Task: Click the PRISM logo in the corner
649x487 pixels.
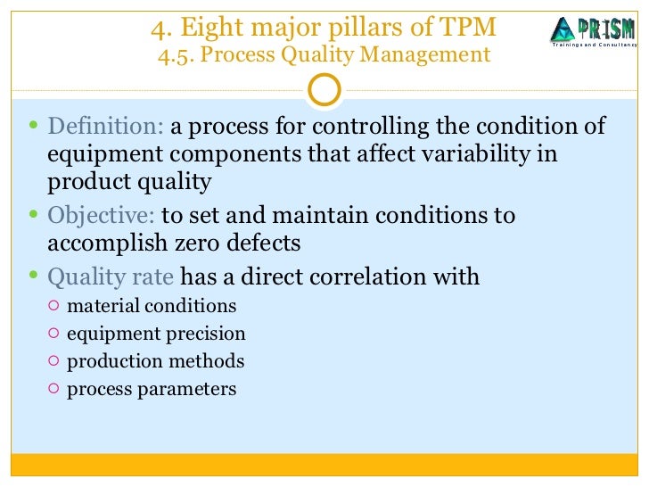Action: coord(592,31)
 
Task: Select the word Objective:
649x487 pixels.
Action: coord(102,216)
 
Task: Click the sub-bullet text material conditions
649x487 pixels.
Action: coord(152,306)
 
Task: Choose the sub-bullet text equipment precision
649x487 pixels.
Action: coord(156,334)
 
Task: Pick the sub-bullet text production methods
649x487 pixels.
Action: coord(155,361)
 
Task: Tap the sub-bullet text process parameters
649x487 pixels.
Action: coord(152,389)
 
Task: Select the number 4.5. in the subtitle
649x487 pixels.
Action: coord(176,56)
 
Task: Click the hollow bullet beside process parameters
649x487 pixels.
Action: coord(53,389)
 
